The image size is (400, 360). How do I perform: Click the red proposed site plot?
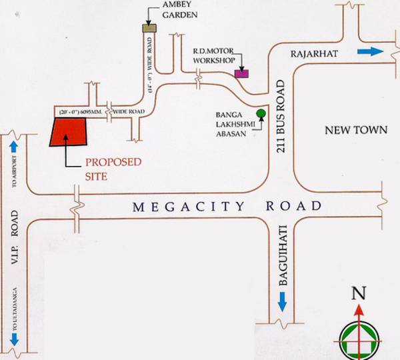(x=69, y=133)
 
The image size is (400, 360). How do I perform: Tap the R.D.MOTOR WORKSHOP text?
(x=214, y=55)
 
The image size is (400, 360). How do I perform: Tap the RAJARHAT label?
(x=314, y=53)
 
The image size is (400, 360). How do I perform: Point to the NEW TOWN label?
(x=355, y=130)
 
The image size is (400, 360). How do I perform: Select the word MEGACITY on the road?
(x=176, y=207)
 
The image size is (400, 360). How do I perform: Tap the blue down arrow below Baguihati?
(x=283, y=303)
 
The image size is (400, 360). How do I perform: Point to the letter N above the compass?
(x=359, y=292)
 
